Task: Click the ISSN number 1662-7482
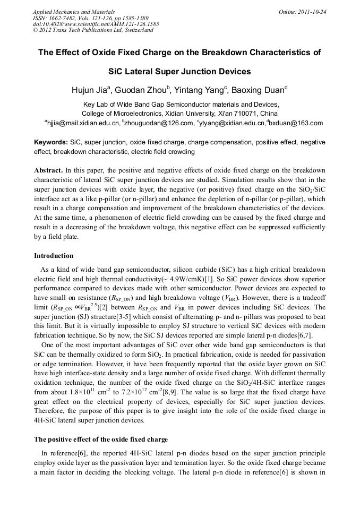coord(61,18)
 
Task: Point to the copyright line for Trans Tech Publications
coord(93,30)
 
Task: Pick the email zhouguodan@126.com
coord(160,123)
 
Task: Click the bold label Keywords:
coord(51,142)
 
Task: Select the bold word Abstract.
coord(48,170)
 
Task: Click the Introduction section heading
coord(54,256)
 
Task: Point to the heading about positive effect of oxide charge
coord(101,439)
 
